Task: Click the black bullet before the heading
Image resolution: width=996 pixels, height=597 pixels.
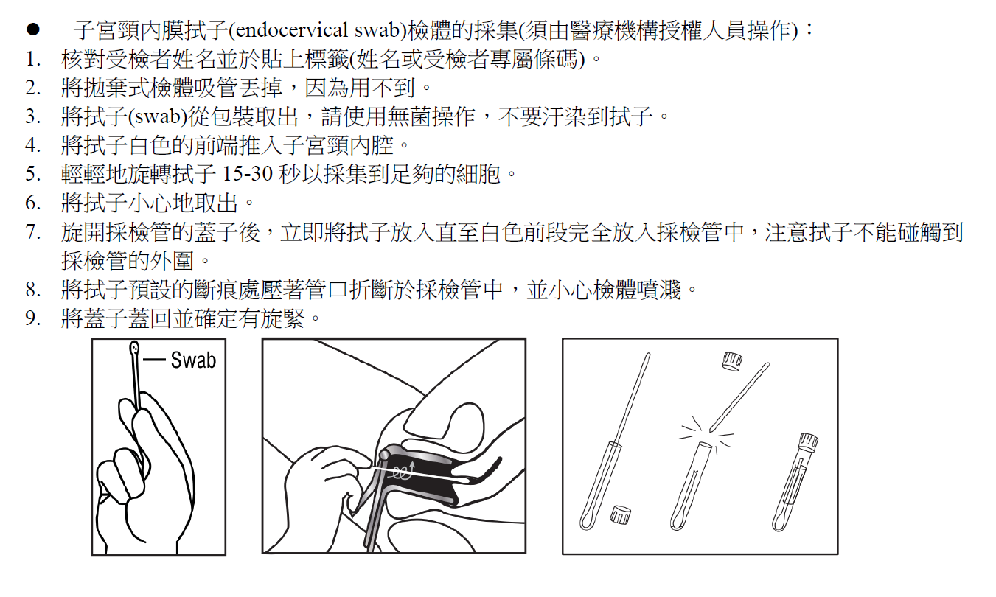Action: (33, 29)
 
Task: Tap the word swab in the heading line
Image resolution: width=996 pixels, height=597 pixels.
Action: (377, 30)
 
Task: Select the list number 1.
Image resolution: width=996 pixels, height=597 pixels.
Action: (34, 59)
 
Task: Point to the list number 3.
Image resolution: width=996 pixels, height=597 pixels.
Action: (34, 116)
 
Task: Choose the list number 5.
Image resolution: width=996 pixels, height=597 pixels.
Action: (34, 174)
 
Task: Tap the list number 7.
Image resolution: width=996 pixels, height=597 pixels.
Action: (34, 231)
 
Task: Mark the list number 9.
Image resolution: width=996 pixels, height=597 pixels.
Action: (34, 318)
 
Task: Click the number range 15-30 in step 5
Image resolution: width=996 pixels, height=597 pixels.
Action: (247, 174)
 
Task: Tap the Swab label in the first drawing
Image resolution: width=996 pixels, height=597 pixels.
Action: (193, 360)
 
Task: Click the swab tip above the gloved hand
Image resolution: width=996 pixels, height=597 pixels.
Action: (134, 348)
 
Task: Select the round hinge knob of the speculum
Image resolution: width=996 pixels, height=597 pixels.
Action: (383, 455)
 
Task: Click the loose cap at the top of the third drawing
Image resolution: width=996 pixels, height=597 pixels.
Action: (732, 361)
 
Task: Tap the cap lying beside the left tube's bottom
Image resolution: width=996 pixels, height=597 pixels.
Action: (620, 514)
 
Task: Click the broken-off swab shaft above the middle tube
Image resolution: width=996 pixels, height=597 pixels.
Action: (739, 397)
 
